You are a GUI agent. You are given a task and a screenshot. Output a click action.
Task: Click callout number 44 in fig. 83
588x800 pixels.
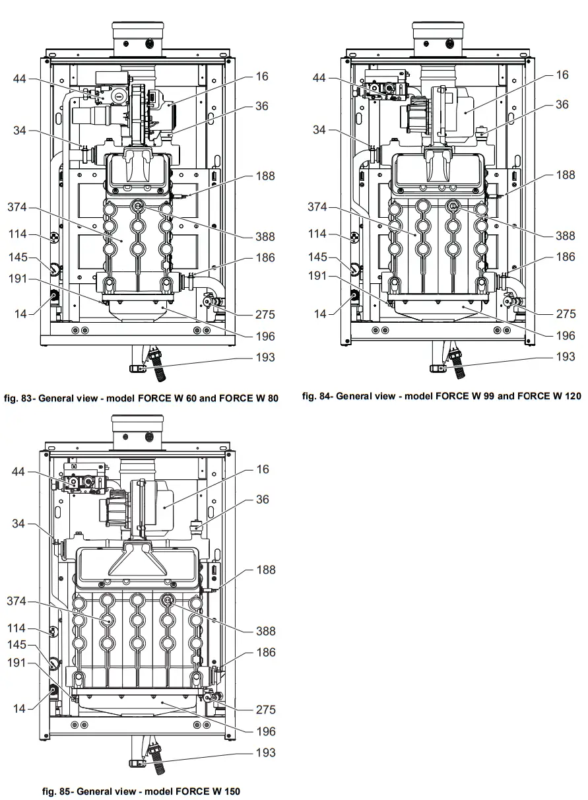pos(20,79)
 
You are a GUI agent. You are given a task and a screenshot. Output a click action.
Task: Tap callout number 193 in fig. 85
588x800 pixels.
pos(265,752)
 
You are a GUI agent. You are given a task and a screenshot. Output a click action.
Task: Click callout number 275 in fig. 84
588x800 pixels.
pos(566,314)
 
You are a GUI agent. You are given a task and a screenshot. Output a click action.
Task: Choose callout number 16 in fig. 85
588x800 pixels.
pos(262,469)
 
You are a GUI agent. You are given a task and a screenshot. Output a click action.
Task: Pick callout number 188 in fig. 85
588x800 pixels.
pos(265,570)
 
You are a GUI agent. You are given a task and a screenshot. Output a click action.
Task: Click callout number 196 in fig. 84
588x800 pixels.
pos(566,335)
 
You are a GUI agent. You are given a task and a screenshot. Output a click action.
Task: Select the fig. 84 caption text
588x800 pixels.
pos(441,396)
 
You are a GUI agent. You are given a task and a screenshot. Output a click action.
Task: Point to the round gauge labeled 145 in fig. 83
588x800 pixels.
pos(53,269)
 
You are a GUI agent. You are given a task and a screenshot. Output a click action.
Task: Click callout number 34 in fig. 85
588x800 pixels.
pos(18,523)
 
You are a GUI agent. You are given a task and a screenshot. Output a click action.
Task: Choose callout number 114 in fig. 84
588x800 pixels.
pos(317,234)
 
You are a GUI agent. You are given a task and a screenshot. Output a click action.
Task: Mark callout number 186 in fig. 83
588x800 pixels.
pos(265,257)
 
